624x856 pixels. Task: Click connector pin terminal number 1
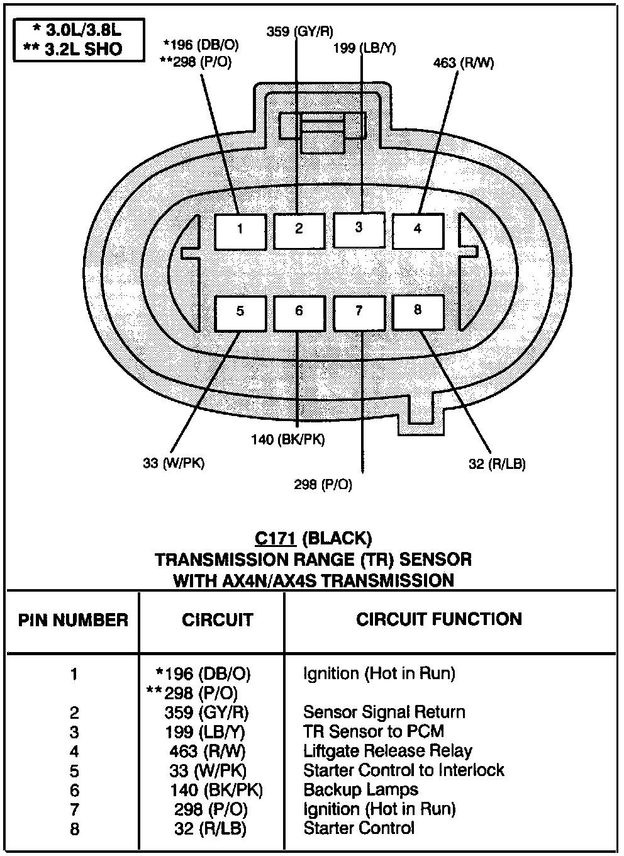(x=240, y=230)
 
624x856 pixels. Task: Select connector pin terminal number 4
(x=418, y=230)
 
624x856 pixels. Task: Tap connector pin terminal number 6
(x=299, y=312)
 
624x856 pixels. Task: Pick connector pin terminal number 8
(x=418, y=312)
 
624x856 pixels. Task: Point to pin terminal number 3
(x=359, y=229)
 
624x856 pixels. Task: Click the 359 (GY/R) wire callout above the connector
(x=300, y=31)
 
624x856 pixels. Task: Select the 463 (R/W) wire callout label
(x=464, y=63)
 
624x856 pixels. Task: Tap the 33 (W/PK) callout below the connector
(x=174, y=464)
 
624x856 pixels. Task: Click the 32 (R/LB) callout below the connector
(x=496, y=464)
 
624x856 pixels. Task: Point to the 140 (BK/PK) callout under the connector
(x=288, y=439)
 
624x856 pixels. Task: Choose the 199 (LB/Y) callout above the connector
(x=365, y=48)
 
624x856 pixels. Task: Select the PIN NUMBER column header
(x=73, y=620)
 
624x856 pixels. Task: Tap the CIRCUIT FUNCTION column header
(x=439, y=619)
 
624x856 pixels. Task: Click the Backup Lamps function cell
(x=360, y=789)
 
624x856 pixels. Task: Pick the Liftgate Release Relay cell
(x=387, y=751)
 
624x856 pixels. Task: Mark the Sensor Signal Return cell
(x=384, y=712)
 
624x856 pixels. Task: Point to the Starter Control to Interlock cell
(x=403, y=770)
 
